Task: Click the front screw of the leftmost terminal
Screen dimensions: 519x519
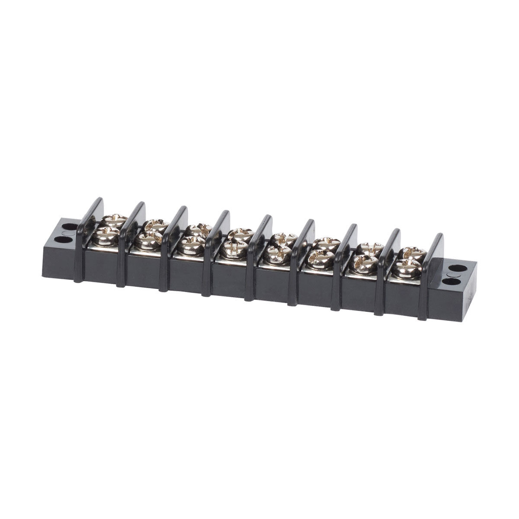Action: pos(105,237)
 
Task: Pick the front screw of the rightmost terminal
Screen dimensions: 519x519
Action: pos(408,269)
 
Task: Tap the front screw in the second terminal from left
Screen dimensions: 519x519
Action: pos(148,240)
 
